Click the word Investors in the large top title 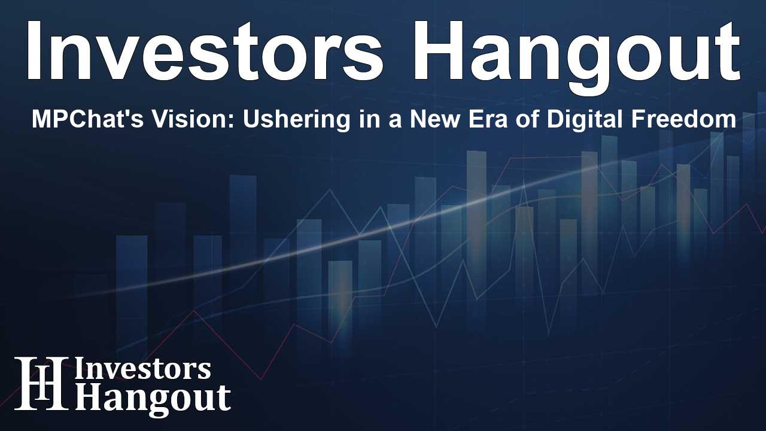(x=205, y=51)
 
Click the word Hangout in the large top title (x=577, y=58)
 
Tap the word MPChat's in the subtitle (x=87, y=119)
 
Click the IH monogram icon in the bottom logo (x=41, y=383)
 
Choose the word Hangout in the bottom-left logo (x=153, y=399)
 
